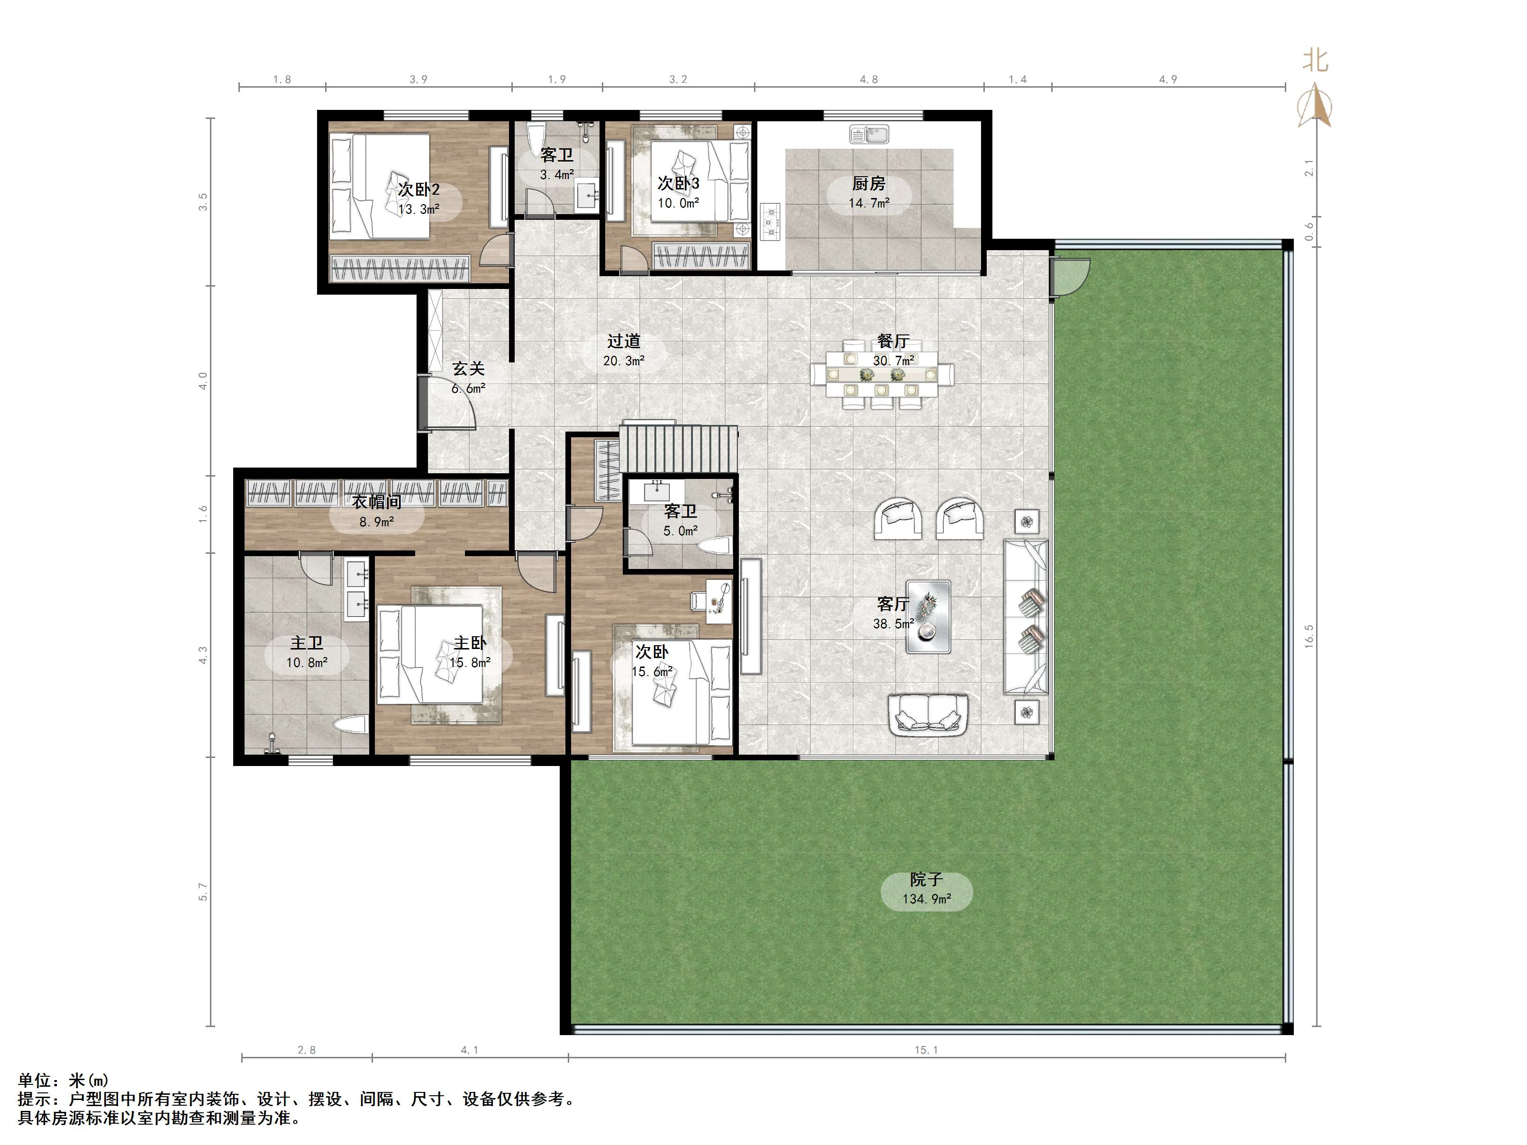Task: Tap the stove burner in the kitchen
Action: [771, 222]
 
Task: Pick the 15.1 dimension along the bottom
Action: [927, 1050]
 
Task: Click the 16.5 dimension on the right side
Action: [1309, 635]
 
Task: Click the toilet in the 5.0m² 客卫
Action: [714, 547]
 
